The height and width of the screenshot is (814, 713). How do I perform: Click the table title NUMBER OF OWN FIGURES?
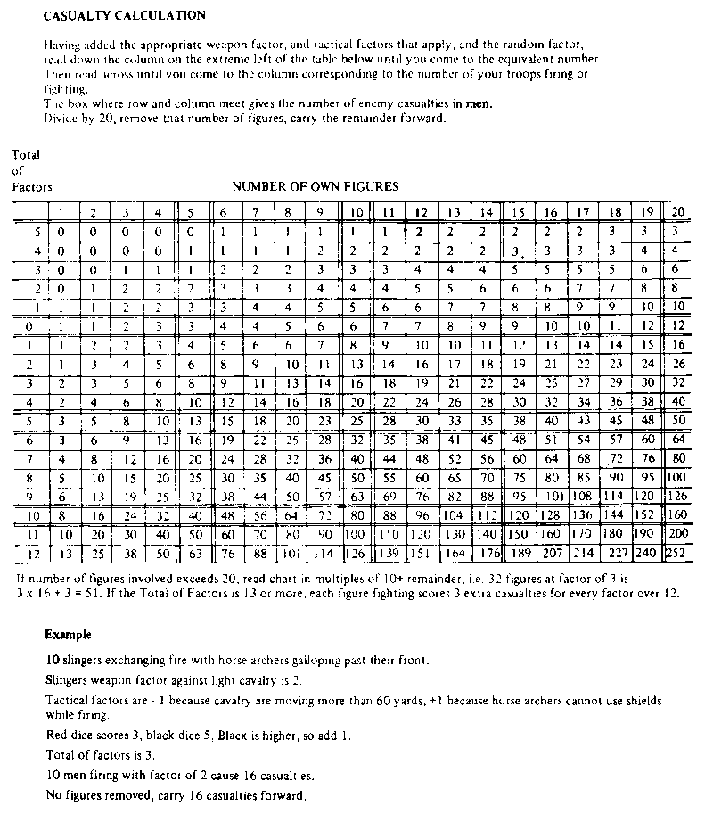pos(316,186)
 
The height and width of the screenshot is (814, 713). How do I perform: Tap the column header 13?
pos(454,212)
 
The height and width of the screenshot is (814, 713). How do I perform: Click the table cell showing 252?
pos(676,553)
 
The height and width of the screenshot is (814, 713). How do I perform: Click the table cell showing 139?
pos(388,553)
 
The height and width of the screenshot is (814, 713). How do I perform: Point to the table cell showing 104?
pos(454,514)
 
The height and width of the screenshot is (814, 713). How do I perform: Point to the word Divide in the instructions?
pos(59,118)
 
